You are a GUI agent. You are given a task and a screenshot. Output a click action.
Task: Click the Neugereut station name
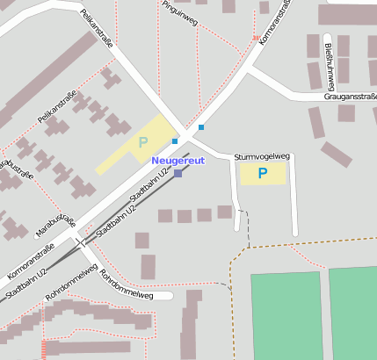coord(178,161)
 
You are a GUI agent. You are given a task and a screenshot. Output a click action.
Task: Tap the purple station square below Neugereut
coord(178,174)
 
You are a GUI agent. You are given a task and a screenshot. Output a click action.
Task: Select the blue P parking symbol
coord(262,173)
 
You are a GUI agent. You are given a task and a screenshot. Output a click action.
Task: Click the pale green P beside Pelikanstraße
coord(142,141)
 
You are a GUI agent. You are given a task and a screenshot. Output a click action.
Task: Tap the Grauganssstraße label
coord(350,97)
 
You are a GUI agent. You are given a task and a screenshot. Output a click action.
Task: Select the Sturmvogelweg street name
coord(262,156)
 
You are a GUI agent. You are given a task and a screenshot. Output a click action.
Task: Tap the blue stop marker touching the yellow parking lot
coord(175,141)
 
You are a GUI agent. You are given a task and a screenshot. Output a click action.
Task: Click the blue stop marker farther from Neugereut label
coord(201,127)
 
